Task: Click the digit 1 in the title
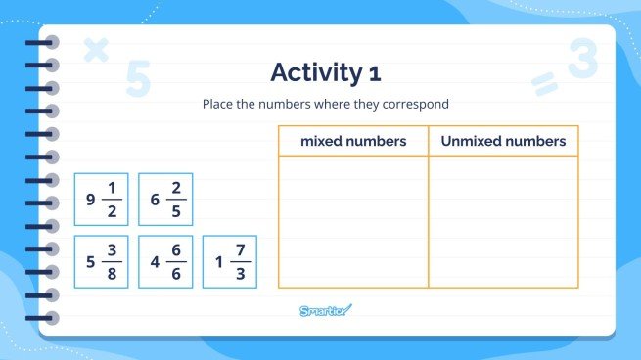[375, 73]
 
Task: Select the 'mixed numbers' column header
[353, 141]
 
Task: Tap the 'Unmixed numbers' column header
[503, 141]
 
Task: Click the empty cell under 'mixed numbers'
[353, 221]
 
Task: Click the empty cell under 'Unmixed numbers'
[503, 221]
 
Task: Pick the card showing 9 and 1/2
[101, 200]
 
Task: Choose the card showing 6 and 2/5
[165, 200]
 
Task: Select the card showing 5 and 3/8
[101, 262]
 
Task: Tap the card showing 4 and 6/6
[165, 262]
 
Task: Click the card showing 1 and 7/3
[230, 262]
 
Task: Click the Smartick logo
[325, 311]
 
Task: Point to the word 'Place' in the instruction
[216, 104]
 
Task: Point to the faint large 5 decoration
[138, 79]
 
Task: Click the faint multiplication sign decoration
[95, 50]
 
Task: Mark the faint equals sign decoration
[543, 85]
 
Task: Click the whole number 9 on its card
[90, 200]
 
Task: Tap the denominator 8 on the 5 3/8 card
[114, 273]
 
